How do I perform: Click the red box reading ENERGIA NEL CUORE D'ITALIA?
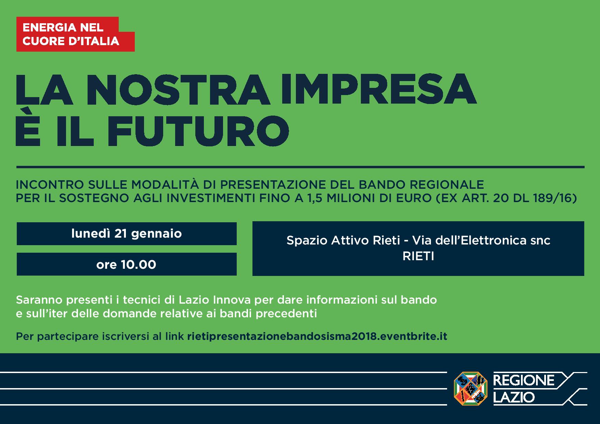click(x=75, y=34)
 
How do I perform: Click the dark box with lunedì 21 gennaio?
click(x=127, y=234)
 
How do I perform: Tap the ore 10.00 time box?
click(x=127, y=264)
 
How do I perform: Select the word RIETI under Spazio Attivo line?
click(x=418, y=256)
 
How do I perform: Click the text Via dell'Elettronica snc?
click(x=481, y=240)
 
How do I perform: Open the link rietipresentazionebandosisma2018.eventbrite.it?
click(x=317, y=336)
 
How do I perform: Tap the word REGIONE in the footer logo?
click(x=523, y=380)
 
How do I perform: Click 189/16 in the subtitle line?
click(x=546, y=198)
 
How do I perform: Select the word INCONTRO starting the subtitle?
click(x=50, y=185)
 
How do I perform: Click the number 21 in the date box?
click(x=121, y=234)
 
